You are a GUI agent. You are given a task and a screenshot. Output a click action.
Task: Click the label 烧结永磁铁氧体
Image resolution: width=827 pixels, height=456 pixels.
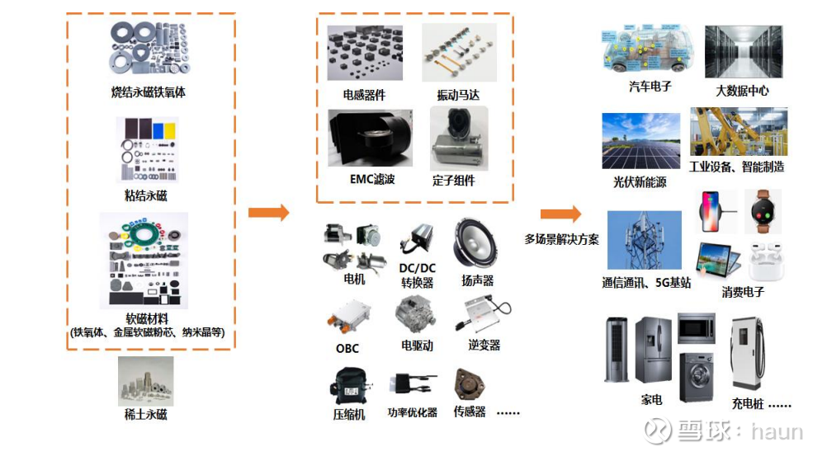pyautogui.click(x=149, y=92)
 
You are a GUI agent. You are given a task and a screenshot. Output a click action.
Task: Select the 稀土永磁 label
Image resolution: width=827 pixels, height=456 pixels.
pyautogui.click(x=145, y=414)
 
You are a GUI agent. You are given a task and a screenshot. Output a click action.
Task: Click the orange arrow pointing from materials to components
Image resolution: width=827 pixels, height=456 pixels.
pyautogui.click(x=269, y=213)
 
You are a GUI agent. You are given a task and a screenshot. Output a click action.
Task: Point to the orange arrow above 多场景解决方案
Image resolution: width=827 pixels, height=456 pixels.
pyautogui.click(x=560, y=214)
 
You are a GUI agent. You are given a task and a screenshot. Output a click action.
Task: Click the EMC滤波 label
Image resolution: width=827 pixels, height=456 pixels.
pyautogui.click(x=372, y=179)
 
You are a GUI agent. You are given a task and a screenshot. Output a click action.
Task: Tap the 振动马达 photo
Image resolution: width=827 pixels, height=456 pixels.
pyautogui.click(x=459, y=52)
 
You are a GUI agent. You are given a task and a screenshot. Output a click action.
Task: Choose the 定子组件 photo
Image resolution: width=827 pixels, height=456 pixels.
pyautogui.click(x=459, y=138)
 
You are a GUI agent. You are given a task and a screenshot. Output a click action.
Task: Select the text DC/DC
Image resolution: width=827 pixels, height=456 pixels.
pyautogui.click(x=417, y=268)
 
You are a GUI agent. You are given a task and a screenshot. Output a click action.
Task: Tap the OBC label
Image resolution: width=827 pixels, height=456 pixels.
pyautogui.click(x=347, y=349)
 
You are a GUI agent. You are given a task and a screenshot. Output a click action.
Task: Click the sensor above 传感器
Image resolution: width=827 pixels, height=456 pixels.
pyautogui.click(x=468, y=384)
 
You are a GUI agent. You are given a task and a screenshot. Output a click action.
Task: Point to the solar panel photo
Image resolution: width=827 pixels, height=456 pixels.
pyautogui.click(x=641, y=141)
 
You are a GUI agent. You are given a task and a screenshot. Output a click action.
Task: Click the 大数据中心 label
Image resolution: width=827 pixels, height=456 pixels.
pyautogui.click(x=742, y=91)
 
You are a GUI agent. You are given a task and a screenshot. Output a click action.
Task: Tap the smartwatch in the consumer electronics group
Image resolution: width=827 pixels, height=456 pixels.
pyautogui.click(x=763, y=211)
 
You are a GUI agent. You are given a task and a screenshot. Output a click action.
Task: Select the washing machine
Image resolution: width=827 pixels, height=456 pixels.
pyautogui.click(x=697, y=378)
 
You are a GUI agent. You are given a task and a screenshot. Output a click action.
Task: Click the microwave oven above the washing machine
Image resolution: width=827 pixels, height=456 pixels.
pyautogui.click(x=697, y=328)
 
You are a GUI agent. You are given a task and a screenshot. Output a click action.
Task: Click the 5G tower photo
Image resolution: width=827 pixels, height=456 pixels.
pyautogui.click(x=645, y=241)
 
